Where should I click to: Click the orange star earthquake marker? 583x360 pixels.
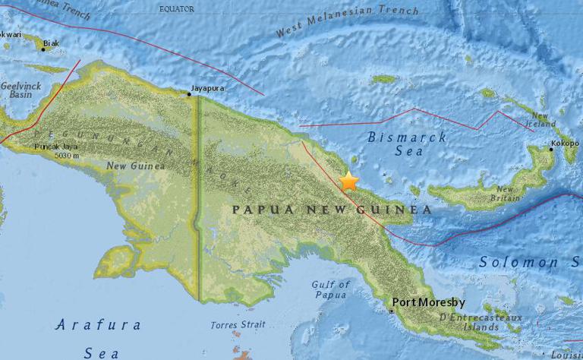click(348, 182)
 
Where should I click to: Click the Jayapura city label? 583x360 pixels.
click(210, 88)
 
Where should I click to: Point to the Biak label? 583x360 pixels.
click(52, 43)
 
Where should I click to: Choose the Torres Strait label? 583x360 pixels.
click(238, 325)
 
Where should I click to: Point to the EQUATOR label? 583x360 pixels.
click(176, 8)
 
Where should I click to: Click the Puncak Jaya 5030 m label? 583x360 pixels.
click(56, 151)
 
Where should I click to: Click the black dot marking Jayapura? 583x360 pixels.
click(188, 94)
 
